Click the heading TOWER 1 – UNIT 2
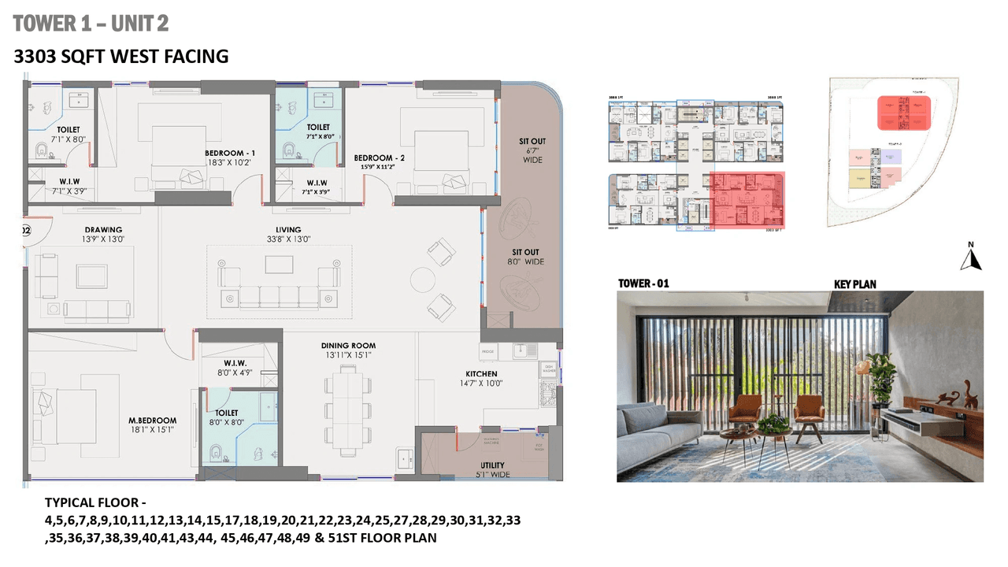(x=91, y=24)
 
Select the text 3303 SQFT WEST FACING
(x=122, y=57)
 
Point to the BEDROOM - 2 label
(x=379, y=162)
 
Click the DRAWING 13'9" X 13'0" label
(x=104, y=234)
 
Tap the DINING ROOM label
(x=348, y=350)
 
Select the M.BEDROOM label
(x=153, y=425)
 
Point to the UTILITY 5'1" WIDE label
(x=492, y=469)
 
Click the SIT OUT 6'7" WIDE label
(x=532, y=150)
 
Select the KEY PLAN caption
(x=854, y=284)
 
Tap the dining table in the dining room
(x=347, y=410)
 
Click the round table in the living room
(x=423, y=280)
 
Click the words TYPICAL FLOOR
(x=95, y=502)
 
